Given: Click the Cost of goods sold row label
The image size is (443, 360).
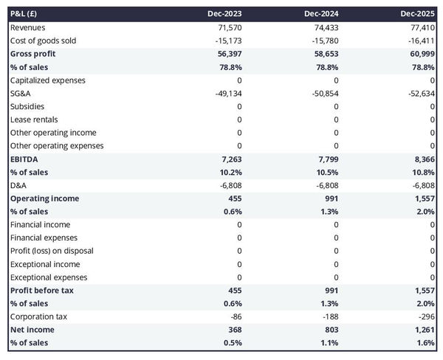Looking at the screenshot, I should pyautogui.click(x=43, y=41).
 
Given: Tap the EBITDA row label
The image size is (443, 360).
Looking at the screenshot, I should pyautogui.click(x=25, y=159).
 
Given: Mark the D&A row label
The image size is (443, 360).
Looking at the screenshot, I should pyautogui.click(x=18, y=185).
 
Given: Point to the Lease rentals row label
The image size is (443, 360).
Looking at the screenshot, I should pyautogui.click(x=34, y=120).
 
